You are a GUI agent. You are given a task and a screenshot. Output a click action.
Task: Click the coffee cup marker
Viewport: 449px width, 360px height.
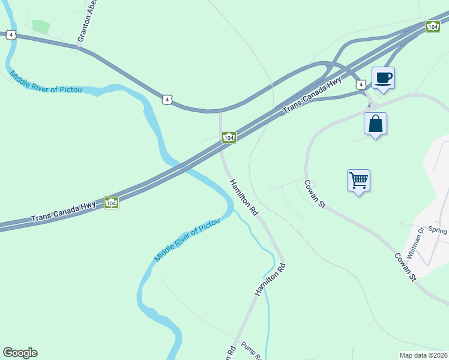click(382, 78)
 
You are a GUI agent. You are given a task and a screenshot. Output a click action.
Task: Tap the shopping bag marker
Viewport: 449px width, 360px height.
click(375, 124)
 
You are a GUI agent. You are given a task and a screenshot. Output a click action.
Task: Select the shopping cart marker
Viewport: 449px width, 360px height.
click(358, 180)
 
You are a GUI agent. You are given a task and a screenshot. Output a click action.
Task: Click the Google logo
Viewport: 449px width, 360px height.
click(20, 353)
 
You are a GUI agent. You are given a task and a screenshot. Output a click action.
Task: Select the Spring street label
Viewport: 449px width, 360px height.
click(438, 230)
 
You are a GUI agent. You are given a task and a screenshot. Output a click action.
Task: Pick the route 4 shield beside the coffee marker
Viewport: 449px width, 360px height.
click(360, 85)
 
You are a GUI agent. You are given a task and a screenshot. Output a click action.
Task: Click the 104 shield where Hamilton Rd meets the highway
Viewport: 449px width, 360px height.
click(229, 137)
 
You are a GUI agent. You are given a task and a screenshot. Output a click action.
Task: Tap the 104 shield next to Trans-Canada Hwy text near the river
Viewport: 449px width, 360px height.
click(111, 203)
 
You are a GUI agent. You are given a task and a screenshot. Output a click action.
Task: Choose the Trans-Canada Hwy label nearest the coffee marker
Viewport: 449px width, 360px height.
click(312, 95)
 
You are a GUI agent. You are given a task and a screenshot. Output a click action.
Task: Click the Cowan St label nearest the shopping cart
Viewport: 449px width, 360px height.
click(315, 194)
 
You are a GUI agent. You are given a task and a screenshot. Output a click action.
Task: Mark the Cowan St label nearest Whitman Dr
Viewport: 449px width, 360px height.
click(405, 266)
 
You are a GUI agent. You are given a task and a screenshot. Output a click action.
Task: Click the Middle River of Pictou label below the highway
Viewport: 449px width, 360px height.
click(187, 239)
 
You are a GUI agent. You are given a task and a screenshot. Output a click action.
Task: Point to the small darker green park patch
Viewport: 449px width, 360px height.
click(41, 26)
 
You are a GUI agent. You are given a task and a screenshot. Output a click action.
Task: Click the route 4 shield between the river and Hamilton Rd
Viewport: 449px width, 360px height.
click(167, 98)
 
